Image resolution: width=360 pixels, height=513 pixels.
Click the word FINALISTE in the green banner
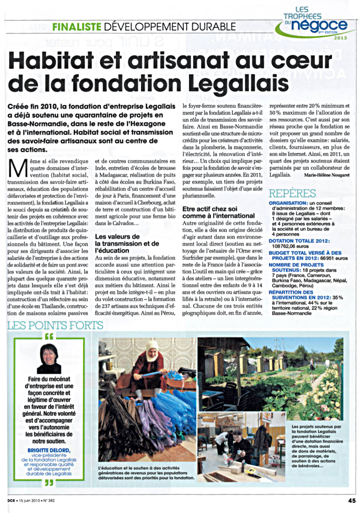pyautogui.click(x=77, y=27)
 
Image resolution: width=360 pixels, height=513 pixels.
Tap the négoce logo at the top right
pyautogui.click(x=323, y=26)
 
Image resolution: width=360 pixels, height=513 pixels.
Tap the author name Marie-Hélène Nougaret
pyautogui.click(x=327, y=175)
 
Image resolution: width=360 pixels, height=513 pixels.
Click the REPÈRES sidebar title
pyautogui.click(x=292, y=193)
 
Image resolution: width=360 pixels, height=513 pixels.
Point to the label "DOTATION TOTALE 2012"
pyautogui.click(x=299, y=241)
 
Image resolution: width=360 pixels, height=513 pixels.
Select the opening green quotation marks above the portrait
pyautogui.click(x=48, y=336)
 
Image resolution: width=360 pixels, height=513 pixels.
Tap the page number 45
pyautogui.click(x=352, y=500)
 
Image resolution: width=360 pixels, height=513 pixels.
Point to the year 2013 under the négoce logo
pyautogui.click(x=341, y=37)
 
